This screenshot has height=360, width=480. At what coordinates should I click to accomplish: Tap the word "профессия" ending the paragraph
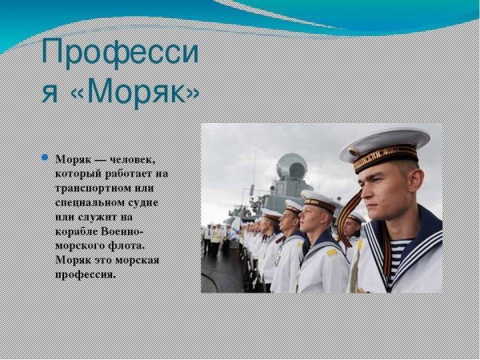point(86,274)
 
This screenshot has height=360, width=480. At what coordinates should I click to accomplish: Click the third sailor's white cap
point(294,206)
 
